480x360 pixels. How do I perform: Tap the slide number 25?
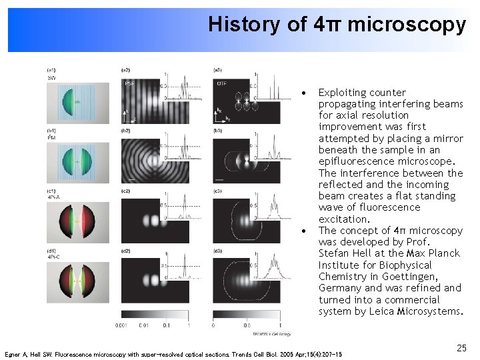click(460, 347)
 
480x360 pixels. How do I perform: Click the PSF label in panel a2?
click(129, 83)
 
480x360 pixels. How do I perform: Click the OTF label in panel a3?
click(222, 83)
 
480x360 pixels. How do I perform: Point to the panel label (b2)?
click(125, 131)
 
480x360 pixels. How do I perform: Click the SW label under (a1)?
click(51, 78)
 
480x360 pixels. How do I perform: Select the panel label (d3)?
click(217, 251)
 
